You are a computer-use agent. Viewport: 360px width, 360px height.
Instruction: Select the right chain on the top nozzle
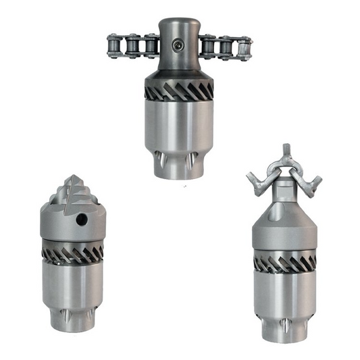point(227,47)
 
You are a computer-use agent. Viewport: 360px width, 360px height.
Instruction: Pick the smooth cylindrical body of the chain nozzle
point(179,125)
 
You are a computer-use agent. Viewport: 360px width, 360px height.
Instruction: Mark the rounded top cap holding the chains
point(179,37)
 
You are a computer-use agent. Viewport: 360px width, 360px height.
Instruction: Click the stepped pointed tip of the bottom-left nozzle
point(74,187)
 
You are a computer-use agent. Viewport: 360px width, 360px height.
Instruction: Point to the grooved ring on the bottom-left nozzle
point(74,252)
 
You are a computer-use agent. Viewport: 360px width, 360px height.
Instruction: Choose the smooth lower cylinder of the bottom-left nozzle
point(74,284)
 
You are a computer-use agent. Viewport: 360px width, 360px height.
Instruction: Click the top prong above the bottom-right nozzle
point(285,150)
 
